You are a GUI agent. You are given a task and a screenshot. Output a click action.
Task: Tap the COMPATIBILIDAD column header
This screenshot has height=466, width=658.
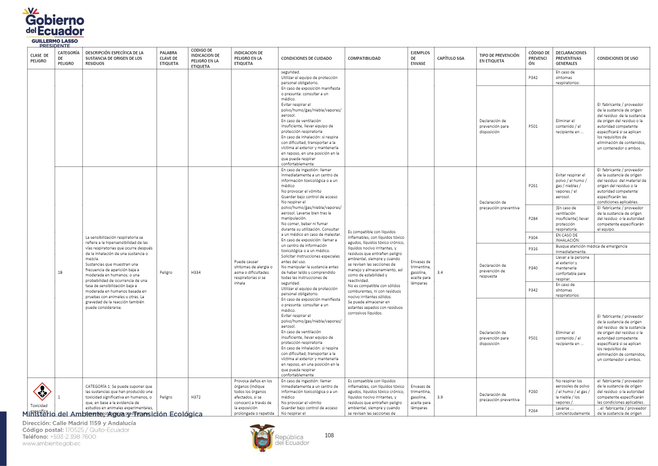pyautogui.click(x=364, y=58)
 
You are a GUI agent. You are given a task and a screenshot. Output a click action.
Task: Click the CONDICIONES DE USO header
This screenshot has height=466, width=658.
pyautogui.click(x=617, y=58)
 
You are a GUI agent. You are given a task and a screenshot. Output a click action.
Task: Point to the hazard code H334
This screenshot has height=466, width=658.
pyautogui.click(x=196, y=272)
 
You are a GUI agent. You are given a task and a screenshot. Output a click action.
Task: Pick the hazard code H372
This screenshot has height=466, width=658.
pyautogui.click(x=196, y=397)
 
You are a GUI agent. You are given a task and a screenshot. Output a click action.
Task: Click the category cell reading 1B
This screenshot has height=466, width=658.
pyautogui.click(x=60, y=272)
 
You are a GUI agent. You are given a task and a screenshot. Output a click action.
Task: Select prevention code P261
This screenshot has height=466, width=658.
pyautogui.click(x=533, y=186)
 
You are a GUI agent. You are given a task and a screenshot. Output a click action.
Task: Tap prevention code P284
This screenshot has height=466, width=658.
pyautogui.click(x=533, y=218)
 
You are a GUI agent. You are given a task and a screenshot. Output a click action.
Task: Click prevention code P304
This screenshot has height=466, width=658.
pyautogui.click(x=533, y=238)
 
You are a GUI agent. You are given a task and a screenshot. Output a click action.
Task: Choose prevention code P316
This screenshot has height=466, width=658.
pyautogui.click(x=533, y=249)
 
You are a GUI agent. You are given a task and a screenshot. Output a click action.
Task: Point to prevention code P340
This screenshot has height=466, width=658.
pyautogui.click(x=533, y=268)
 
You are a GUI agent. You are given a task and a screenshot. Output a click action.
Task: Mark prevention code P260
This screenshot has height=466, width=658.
pyautogui.click(x=533, y=391)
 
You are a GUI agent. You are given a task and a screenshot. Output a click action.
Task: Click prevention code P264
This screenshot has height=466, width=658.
pyautogui.click(x=533, y=411)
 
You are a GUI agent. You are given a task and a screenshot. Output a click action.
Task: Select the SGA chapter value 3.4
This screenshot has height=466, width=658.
pyautogui.click(x=440, y=272)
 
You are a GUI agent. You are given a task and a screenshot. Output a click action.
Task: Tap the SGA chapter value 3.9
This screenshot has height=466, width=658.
pyautogui.click(x=440, y=397)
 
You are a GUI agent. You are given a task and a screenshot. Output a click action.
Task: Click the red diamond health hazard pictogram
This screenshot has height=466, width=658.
pyautogui.click(x=42, y=391)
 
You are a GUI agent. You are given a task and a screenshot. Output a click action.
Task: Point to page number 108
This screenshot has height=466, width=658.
pyautogui.click(x=329, y=435)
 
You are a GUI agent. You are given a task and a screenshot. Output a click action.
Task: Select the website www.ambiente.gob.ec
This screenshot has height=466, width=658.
pyautogui.click(x=51, y=443)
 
